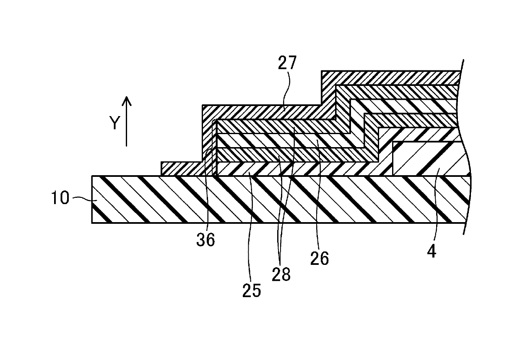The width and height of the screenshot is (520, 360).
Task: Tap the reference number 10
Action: click(x=60, y=198)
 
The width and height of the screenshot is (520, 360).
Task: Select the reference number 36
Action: click(x=205, y=240)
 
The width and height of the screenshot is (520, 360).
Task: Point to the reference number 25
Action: click(x=252, y=291)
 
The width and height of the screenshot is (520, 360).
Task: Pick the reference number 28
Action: click(x=281, y=275)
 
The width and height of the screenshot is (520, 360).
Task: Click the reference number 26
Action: click(x=320, y=259)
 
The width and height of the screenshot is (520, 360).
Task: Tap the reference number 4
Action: click(x=432, y=251)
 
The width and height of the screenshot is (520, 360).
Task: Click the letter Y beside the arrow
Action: click(x=114, y=123)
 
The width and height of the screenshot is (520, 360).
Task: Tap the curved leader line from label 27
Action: click(x=287, y=90)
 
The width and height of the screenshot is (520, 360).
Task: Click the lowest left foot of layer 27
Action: click(x=182, y=168)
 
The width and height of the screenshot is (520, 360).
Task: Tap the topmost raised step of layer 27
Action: click(x=391, y=78)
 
